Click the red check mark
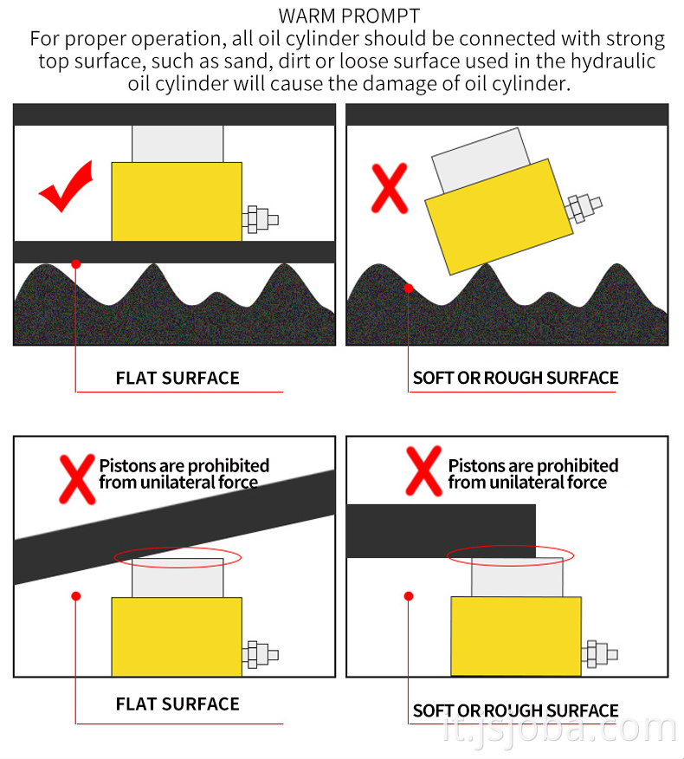pos(65,186)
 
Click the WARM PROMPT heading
pos(349,16)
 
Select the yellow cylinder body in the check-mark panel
pos(177,201)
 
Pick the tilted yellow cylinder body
pos(499,215)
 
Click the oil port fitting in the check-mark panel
pos(261,219)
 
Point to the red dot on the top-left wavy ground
pos(76,263)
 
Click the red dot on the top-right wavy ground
pos(409,288)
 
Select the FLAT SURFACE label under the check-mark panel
pos(177,378)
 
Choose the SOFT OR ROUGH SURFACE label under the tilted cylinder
pos(515,378)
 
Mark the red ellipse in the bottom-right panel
pos(510,555)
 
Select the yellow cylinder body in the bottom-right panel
pos(516,636)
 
